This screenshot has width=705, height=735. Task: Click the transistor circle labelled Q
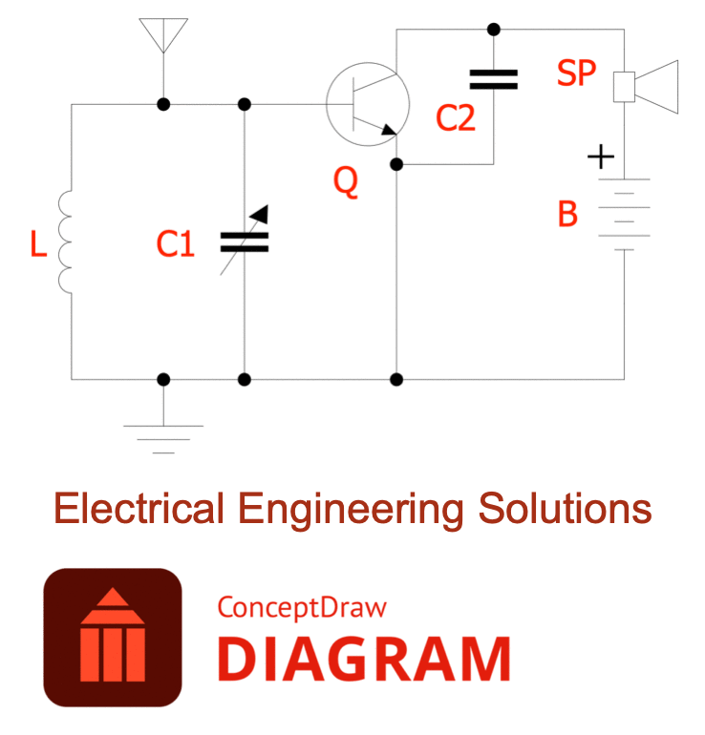368,105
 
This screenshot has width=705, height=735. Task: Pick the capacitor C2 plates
494,79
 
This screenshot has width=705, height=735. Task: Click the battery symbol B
624,215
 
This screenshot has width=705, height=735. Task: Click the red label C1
175,245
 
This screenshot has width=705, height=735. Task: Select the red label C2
455,118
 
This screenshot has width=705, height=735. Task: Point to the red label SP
576,73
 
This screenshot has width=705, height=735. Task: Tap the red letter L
38,245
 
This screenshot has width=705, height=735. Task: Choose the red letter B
567,215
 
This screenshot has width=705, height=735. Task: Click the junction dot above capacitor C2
494,29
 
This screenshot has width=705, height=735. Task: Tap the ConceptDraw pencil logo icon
112,637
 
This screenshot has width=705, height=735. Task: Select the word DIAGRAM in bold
364,659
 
